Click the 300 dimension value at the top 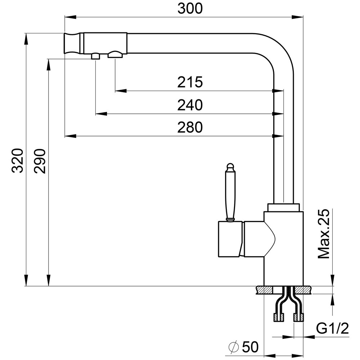click(x=190, y=9)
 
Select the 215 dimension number click(x=190, y=82)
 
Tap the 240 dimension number click(x=190, y=105)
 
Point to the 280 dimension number click(x=190, y=127)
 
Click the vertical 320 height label click(x=17, y=161)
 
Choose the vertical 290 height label click(x=40, y=161)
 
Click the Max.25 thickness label click(x=323, y=234)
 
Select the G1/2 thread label click(x=332, y=328)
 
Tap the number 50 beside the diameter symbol click(x=250, y=347)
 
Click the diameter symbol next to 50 click(x=234, y=347)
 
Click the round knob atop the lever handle click(x=230, y=167)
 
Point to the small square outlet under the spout click(x=95, y=56)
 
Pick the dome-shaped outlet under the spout click(x=115, y=55)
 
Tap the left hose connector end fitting click(x=278, y=317)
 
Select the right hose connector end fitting click(x=298, y=317)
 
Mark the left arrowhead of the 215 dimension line click(x=121, y=91)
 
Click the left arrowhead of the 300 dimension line click(x=70, y=17)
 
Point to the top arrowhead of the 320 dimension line click(x=26, y=39)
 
